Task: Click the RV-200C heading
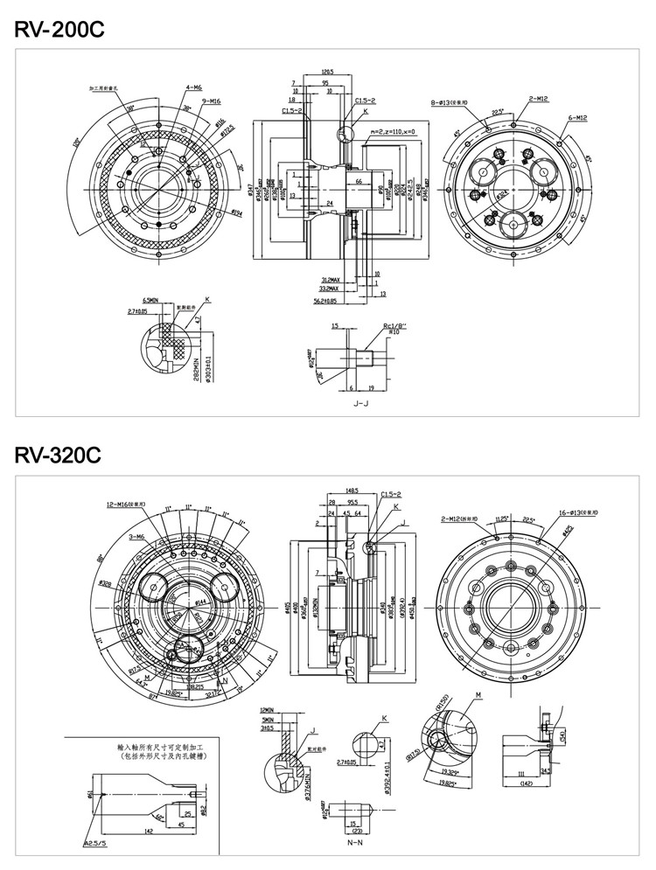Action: [59, 29]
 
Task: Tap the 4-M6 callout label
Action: [193, 88]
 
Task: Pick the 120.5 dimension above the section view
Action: [328, 71]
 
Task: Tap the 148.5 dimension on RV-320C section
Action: [352, 491]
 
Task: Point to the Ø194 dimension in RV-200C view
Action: [236, 212]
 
